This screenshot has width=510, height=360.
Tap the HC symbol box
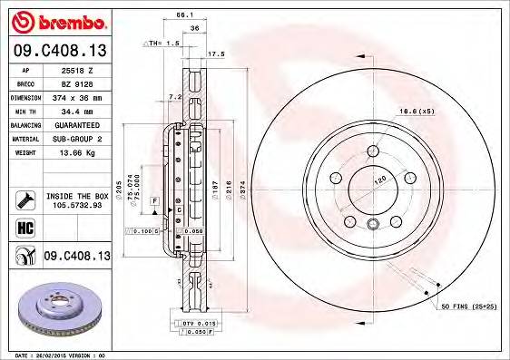tap(20, 227)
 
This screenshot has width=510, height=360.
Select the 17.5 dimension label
tap(216, 54)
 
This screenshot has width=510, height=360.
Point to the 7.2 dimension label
tap(177, 96)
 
